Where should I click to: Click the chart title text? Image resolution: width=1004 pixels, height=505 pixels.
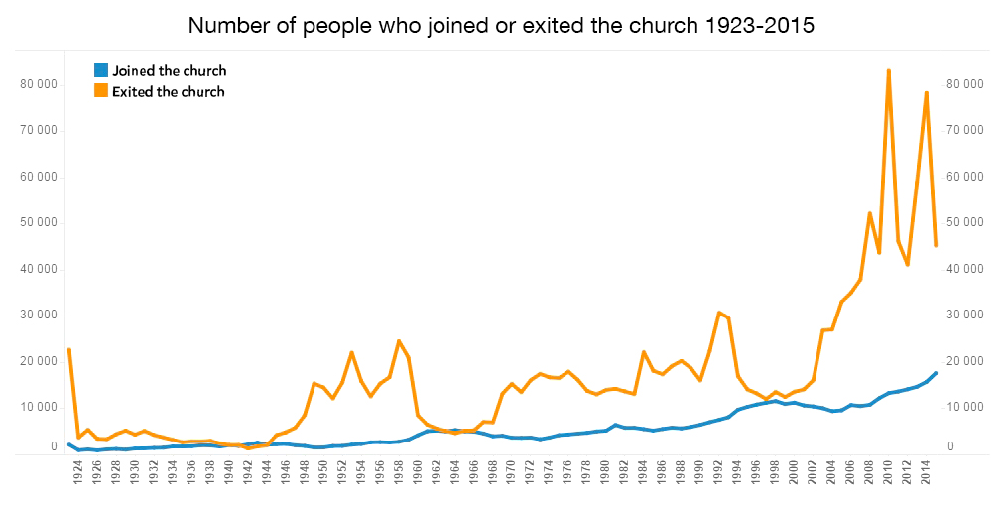[501, 26]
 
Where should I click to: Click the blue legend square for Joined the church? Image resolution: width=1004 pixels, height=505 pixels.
[100, 71]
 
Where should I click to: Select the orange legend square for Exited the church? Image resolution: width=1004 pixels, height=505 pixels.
[100, 91]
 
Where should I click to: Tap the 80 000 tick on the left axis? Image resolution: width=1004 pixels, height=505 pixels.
[39, 84]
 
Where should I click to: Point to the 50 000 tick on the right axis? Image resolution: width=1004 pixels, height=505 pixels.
[965, 223]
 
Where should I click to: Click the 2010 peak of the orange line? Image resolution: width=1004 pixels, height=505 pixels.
[888, 70]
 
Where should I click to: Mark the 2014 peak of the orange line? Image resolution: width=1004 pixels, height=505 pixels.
[927, 92]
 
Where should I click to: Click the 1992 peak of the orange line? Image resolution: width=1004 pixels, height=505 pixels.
[719, 313]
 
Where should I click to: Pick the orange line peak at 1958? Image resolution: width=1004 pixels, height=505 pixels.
[399, 341]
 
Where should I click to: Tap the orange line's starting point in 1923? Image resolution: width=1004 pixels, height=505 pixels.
[68, 349]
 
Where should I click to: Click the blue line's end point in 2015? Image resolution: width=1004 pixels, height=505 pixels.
[936, 373]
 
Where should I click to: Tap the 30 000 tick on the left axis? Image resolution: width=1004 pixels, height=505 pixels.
[39, 316]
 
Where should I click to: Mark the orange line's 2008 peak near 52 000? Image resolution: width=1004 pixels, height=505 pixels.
[870, 213]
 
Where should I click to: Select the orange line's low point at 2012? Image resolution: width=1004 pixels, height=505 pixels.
[908, 265]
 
